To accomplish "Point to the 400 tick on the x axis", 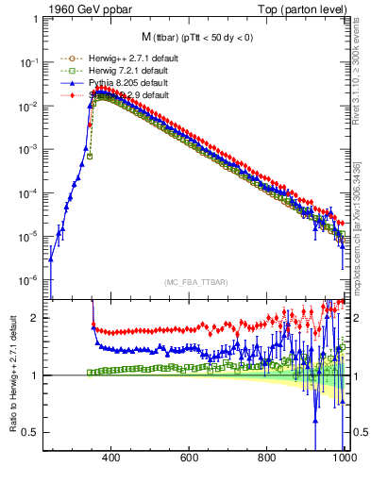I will pyautogui.click(x=111, y=458).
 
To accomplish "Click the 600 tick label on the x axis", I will pyautogui.click(x=190, y=458).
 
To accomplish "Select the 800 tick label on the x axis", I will pyautogui.click(x=268, y=458).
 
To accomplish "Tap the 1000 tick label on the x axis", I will pyautogui.click(x=344, y=458).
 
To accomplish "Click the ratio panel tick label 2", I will pyautogui.click(x=36, y=318).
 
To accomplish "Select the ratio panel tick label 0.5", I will pyautogui.click(x=32, y=432).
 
